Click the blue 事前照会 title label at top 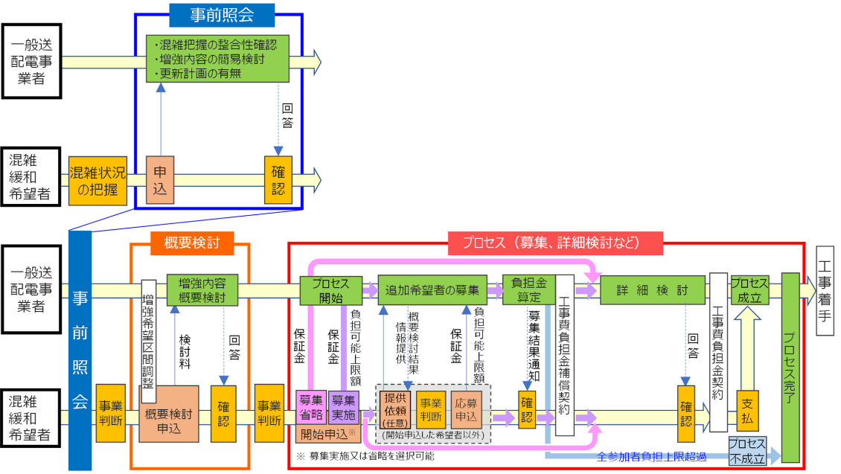tap(222, 13)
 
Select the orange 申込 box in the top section tap(160, 179)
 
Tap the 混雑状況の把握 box tap(97, 180)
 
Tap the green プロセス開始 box tap(330, 290)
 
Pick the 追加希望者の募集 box tap(432, 289)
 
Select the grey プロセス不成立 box tap(746, 452)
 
